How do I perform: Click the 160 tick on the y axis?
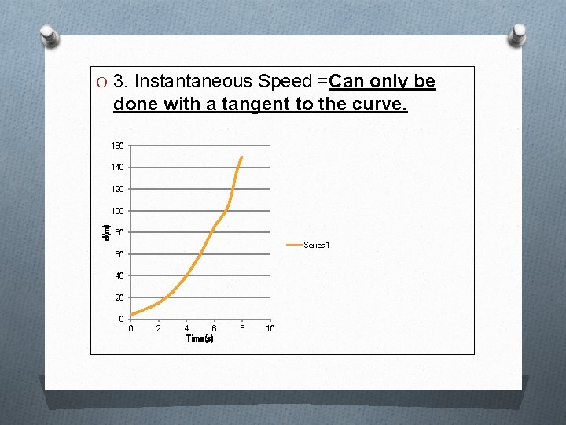click(117, 146)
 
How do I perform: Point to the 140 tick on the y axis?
click(117, 168)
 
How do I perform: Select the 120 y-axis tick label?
click(117, 189)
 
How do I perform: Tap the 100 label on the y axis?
click(117, 211)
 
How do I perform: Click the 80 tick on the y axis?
click(119, 232)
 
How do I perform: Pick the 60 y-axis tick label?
click(119, 254)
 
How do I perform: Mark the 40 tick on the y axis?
click(119, 275)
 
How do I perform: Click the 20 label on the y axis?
click(119, 297)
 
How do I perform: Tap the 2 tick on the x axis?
click(159, 328)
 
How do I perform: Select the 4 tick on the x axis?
click(186, 328)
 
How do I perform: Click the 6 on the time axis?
click(214, 328)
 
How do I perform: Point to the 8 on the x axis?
click(242, 328)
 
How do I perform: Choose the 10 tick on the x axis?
click(270, 328)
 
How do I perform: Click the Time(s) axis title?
click(200, 338)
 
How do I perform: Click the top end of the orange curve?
click(241, 157)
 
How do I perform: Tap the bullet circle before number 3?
click(101, 82)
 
